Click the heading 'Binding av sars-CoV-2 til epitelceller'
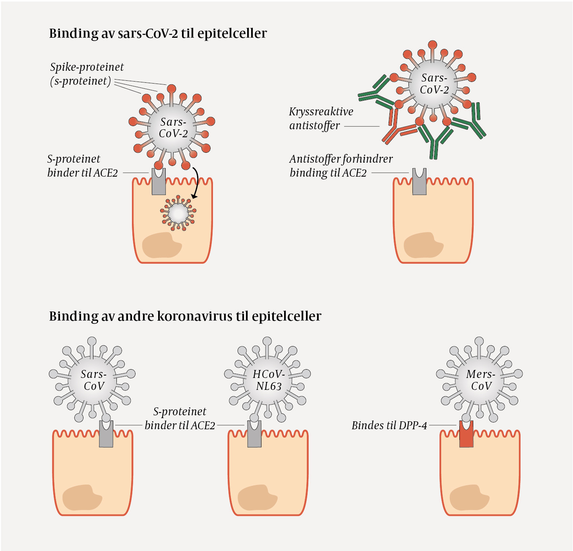click(158, 33)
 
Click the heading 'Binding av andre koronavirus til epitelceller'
click(185, 316)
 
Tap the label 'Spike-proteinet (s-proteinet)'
click(86, 74)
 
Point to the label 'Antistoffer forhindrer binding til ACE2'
click(341, 166)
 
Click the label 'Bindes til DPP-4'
click(389, 425)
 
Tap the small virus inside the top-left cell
click(178, 214)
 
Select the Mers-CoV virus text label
click(481, 380)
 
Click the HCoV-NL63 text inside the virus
click(269, 380)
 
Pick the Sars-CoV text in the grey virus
click(94, 380)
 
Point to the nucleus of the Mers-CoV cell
click(469, 497)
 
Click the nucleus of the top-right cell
click(423, 245)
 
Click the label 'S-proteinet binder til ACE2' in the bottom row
click(180, 419)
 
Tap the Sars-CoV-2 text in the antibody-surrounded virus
click(434, 84)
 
